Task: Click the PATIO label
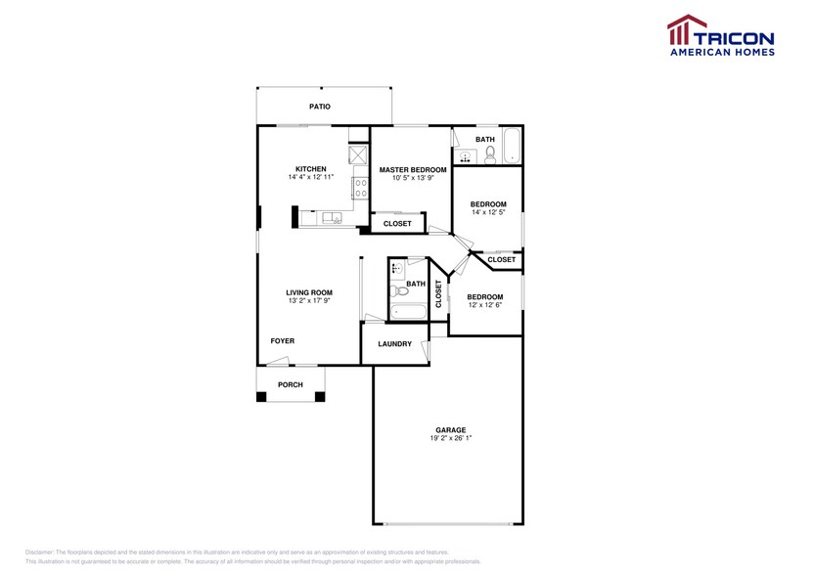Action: [x=319, y=107]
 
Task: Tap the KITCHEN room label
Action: [x=310, y=169]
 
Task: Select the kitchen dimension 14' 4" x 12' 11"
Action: [x=310, y=178]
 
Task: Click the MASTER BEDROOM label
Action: [x=412, y=169]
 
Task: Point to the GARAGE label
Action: [x=450, y=429]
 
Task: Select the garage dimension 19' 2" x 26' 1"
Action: [x=450, y=438]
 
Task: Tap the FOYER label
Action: [x=282, y=341]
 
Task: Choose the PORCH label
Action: [x=291, y=384]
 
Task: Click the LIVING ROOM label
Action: [x=309, y=292]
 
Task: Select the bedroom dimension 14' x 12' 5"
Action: [x=488, y=213]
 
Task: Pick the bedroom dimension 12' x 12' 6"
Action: [x=484, y=305]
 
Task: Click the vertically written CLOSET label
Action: [x=438, y=294]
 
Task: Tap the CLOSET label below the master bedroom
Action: [x=397, y=224]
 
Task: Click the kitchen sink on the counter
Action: [x=332, y=218]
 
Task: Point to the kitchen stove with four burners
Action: [x=359, y=185]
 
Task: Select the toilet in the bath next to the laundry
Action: [x=397, y=291]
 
